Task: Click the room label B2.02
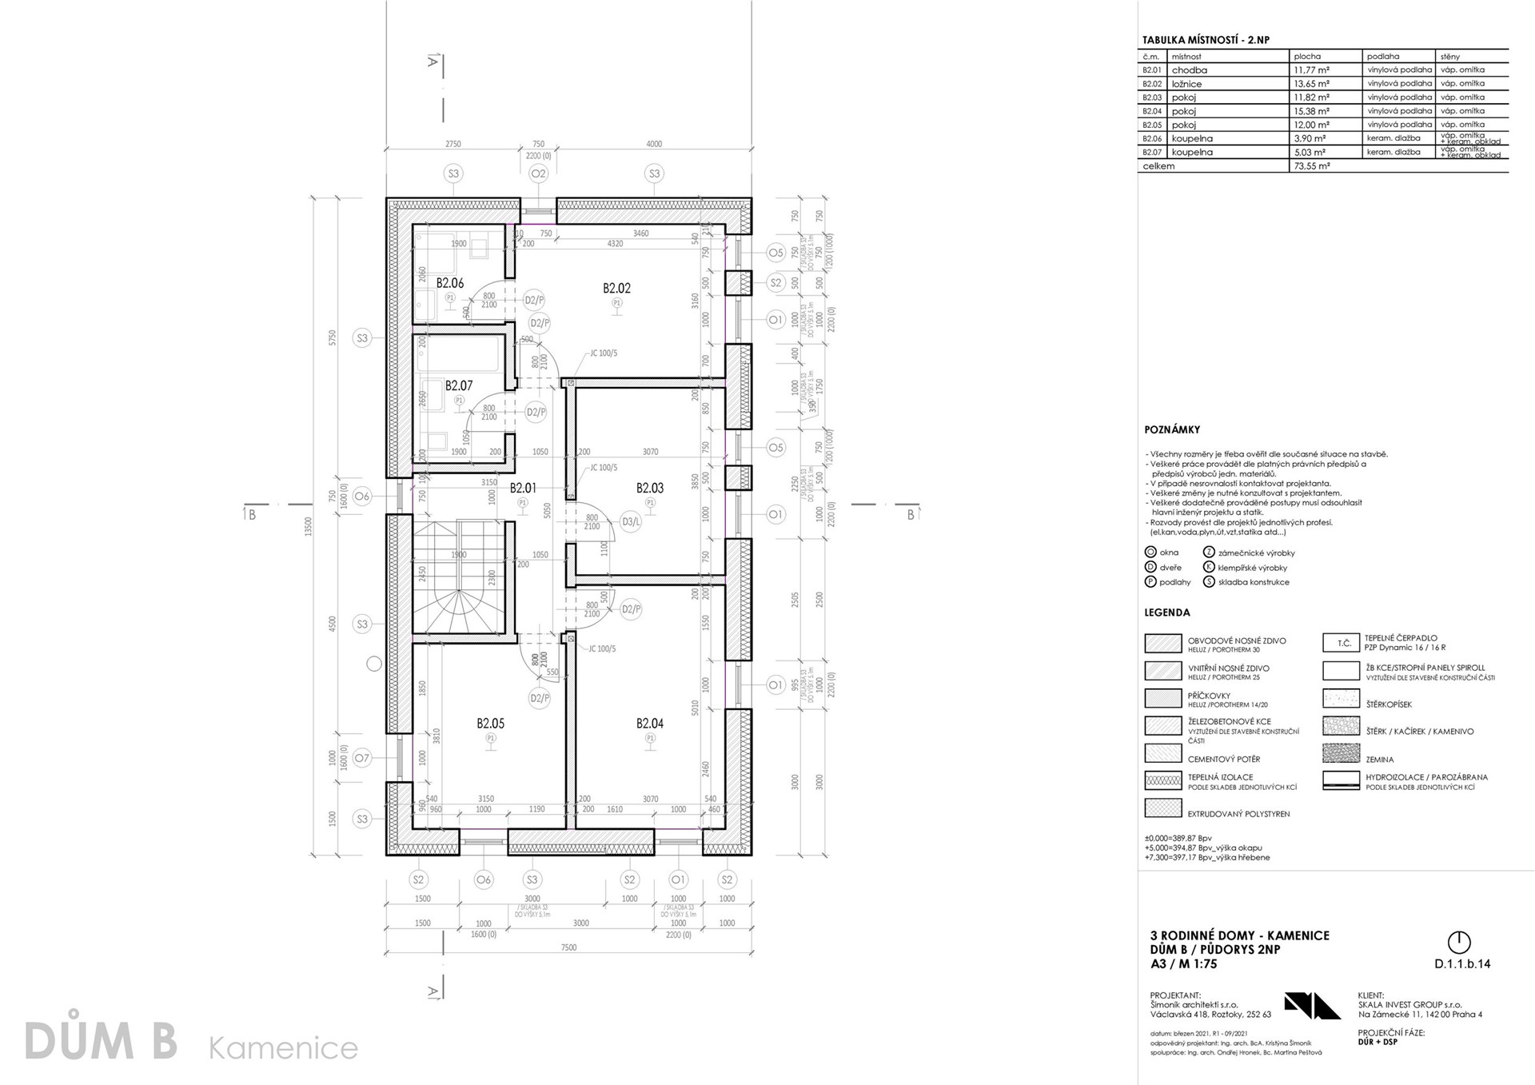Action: pyautogui.click(x=616, y=288)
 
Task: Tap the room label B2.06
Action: pyautogui.click(x=450, y=283)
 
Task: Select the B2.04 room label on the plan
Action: pyautogui.click(x=650, y=724)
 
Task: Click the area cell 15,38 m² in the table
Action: pyautogui.click(x=1311, y=111)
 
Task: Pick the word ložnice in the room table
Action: pyautogui.click(x=1186, y=84)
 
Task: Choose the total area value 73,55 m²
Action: pyautogui.click(x=1311, y=166)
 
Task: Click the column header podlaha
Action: pyautogui.click(x=1383, y=57)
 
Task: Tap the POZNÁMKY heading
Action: pyautogui.click(x=1172, y=430)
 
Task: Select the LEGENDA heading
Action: pyautogui.click(x=1167, y=613)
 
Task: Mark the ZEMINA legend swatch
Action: pyautogui.click(x=1342, y=753)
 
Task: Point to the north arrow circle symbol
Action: pyautogui.click(x=1459, y=941)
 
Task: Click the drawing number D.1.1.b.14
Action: pyautogui.click(x=1462, y=964)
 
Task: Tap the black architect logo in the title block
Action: pyautogui.click(x=1312, y=1005)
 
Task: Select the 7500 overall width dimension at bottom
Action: pyautogui.click(x=568, y=948)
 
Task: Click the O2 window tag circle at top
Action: pyautogui.click(x=538, y=174)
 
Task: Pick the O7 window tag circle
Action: pyautogui.click(x=362, y=758)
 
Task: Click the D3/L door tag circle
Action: pyautogui.click(x=631, y=523)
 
